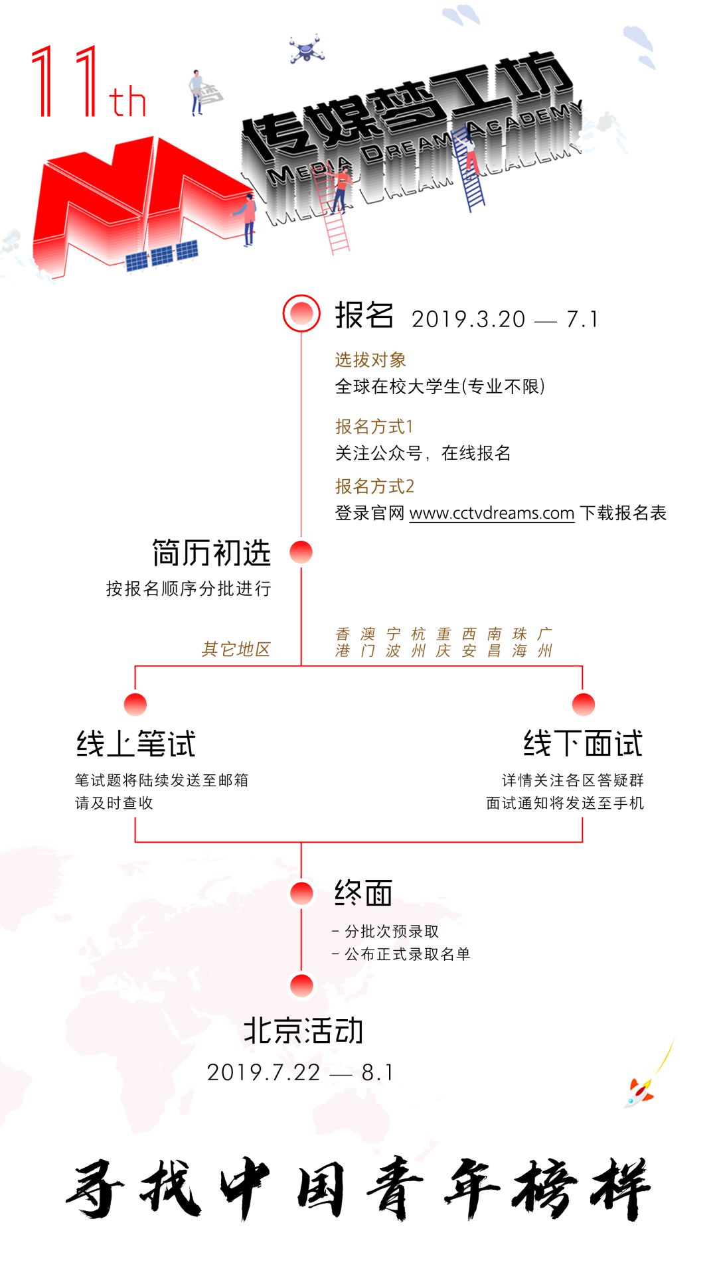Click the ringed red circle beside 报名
coord(301,313)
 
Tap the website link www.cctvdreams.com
coord(492,513)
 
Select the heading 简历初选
coord(211,553)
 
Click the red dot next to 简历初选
coord(301,552)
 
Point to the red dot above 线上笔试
coord(135,705)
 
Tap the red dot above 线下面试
coord(584,705)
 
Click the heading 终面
coord(363,892)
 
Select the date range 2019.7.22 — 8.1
coord(300,1072)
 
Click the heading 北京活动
coord(303,1030)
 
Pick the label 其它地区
coord(236,649)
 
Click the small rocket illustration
coord(638,1092)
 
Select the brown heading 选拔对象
coord(370,360)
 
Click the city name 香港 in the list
coord(343,642)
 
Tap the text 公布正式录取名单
coord(407,954)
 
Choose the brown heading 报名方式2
coord(374,486)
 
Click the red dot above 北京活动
coord(301,985)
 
